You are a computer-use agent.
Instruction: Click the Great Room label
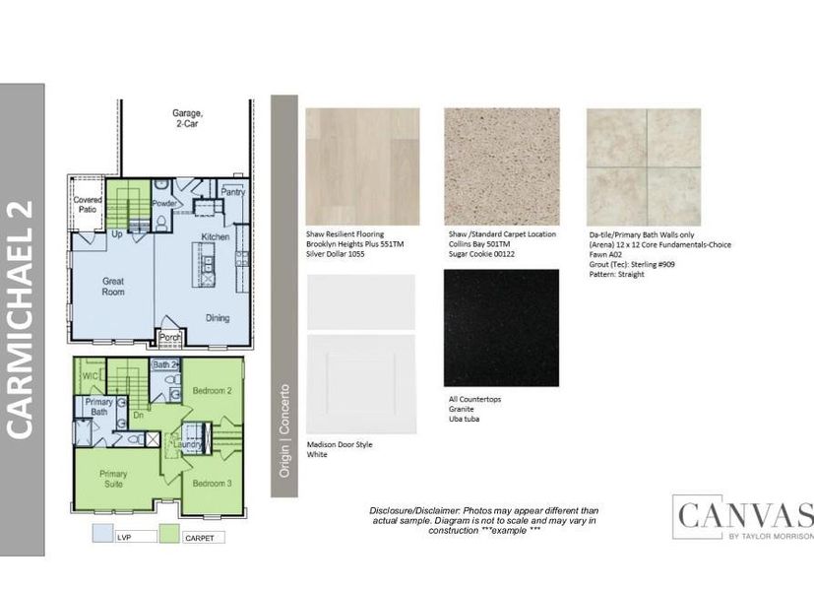[113, 286]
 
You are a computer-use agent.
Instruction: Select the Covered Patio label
[88, 204]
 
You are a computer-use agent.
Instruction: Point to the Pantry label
[233, 193]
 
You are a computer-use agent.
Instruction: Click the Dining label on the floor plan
[218, 317]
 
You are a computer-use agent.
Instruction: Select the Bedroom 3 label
[211, 483]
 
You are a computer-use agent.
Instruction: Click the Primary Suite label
[113, 479]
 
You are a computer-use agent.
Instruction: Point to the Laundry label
[190, 445]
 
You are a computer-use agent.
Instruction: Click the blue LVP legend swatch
[101, 536]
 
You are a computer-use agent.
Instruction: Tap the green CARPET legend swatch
[170, 536]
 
